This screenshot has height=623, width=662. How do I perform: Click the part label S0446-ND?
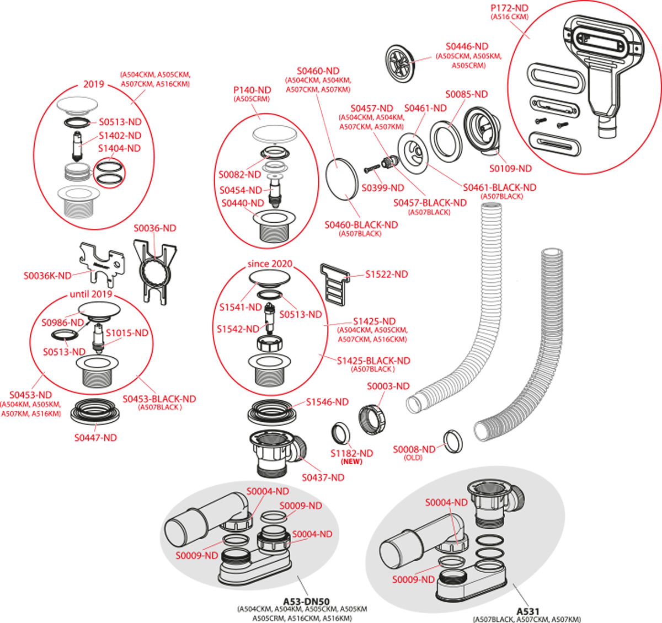coord(467,47)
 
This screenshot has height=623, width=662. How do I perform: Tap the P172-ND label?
coord(509,8)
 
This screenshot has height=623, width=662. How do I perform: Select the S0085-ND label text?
coord(466,95)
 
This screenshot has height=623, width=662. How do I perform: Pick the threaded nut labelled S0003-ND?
coord(372,418)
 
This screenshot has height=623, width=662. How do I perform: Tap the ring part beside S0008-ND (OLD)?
coord(453,442)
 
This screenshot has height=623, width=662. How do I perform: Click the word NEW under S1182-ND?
coord(351,461)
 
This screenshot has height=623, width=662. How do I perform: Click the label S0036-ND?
coord(154,228)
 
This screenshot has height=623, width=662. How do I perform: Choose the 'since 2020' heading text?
coord(270,264)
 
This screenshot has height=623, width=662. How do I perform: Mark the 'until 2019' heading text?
coord(90,294)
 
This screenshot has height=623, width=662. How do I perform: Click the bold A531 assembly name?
coord(527,611)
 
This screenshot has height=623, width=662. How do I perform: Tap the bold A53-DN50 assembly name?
coord(306,601)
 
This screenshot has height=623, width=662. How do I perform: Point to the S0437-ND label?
coord(323,478)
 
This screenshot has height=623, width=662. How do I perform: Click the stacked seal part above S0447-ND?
coord(95,411)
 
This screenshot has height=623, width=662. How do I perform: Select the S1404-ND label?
coord(119,149)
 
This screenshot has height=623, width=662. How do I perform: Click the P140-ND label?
coord(252,90)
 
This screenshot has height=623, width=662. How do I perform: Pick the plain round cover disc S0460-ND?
coord(341,180)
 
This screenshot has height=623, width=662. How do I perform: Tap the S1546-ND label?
coord(327,402)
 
